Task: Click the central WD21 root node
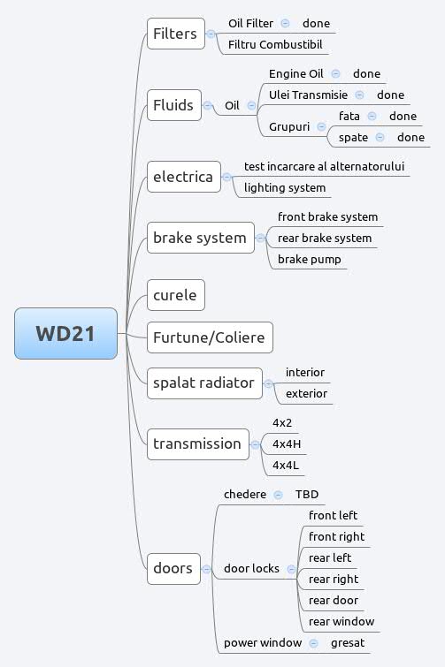click(65, 333)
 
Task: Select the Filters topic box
click(175, 34)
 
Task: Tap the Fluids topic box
click(173, 105)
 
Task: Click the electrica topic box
click(183, 177)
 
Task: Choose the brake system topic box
click(200, 238)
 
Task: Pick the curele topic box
click(175, 294)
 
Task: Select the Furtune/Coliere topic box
click(210, 337)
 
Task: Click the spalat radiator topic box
click(204, 383)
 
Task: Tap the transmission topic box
click(197, 443)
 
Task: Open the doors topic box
click(173, 568)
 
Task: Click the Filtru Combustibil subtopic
click(275, 44)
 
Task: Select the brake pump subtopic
click(309, 259)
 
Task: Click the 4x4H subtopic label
click(288, 443)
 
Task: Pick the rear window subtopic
click(341, 621)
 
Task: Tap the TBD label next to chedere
click(307, 494)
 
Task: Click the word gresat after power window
click(348, 642)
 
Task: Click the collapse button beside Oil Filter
click(285, 23)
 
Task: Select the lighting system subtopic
click(285, 187)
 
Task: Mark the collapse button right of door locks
click(291, 569)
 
